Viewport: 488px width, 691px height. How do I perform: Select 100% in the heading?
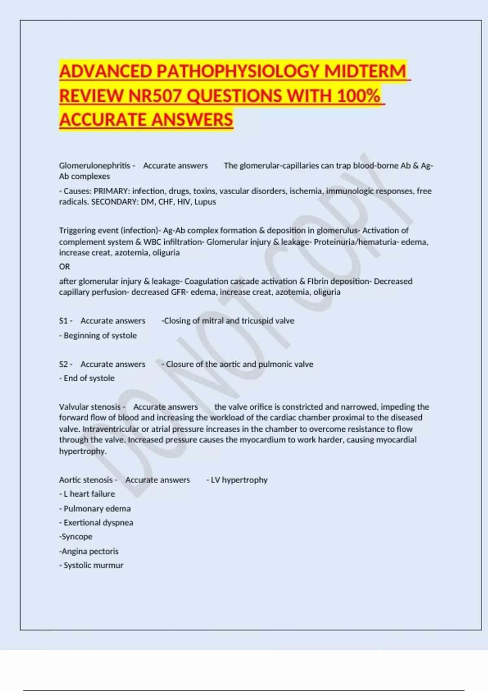coord(358,96)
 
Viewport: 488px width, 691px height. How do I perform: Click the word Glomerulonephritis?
coord(94,165)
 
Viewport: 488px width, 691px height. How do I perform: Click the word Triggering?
coord(77,230)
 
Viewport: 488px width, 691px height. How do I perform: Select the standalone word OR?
coord(64,267)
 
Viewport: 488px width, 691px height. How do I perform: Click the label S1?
coord(63,321)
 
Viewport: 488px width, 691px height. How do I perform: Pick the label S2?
coord(63,364)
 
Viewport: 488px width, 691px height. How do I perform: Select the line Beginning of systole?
coord(100,335)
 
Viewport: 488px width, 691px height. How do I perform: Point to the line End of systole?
coord(89,378)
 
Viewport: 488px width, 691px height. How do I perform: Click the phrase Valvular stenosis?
coord(90,407)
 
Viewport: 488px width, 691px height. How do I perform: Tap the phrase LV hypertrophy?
coord(239,480)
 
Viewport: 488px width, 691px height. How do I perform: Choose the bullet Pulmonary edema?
coord(97,508)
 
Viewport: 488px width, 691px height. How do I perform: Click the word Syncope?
coord(77,537)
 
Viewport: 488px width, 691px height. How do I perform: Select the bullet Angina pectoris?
coord(90,551)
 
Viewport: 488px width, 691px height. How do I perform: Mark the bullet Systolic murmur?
coord(93,565)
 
